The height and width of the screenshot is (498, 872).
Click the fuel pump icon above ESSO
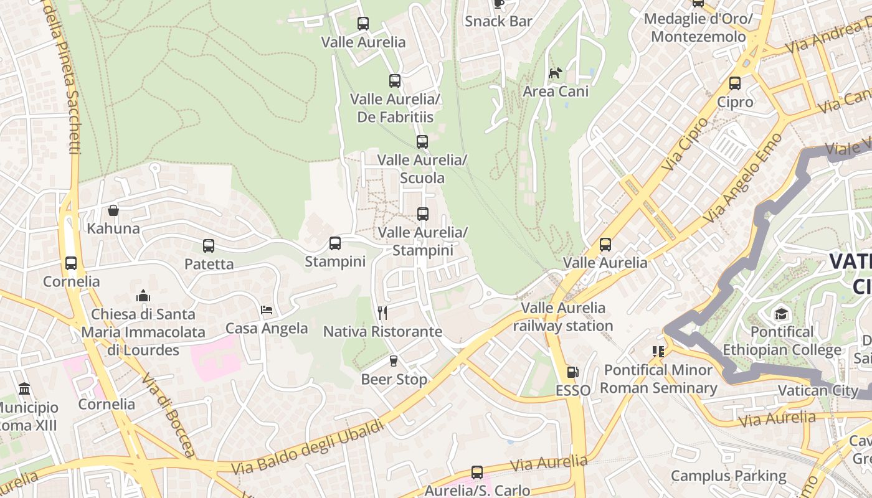point(572,373)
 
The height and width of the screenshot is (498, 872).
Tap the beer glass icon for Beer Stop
point(393,361)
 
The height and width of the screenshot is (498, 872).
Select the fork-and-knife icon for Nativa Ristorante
point(382,313)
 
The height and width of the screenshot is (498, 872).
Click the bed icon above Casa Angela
point(267,310)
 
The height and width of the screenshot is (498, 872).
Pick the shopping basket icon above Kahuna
point(113,210)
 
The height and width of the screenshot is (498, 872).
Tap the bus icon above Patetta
point(209,246)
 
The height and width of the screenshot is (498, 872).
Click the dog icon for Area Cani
point(555,73)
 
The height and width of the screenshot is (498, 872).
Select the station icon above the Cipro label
point(735,83)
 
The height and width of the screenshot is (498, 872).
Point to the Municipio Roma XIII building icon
point(24,390)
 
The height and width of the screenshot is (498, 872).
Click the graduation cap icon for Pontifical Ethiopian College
point(781,314)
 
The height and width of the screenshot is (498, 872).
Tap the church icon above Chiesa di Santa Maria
point(143,296)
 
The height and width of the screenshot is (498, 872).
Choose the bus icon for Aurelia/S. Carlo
point(477,472)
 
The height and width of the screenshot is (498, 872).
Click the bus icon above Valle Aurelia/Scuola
point(422,142)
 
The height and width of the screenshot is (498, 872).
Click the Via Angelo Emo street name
point(742,179)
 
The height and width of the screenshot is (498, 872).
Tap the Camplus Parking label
point(728,476)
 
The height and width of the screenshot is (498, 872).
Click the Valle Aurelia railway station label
point(563,317)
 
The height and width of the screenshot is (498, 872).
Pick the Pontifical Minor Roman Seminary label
point(658,379)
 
